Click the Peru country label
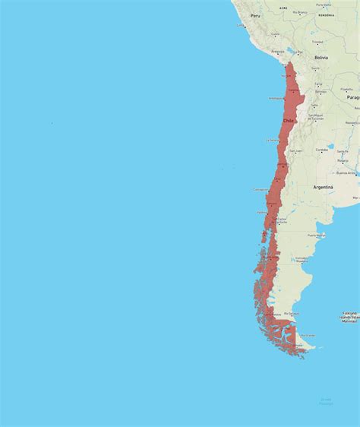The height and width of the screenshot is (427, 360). [256, 15]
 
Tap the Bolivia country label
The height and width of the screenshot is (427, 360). [321, 58]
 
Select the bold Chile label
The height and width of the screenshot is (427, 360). [289, 120]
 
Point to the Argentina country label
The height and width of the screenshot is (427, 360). [323, 186]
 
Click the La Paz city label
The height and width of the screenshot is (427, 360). [299, 52]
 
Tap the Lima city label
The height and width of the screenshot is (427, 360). [242, 26]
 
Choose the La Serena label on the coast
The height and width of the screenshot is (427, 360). [271, 141]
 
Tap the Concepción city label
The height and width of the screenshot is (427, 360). [261, 189]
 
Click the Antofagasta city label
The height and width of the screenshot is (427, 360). [277, 98]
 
